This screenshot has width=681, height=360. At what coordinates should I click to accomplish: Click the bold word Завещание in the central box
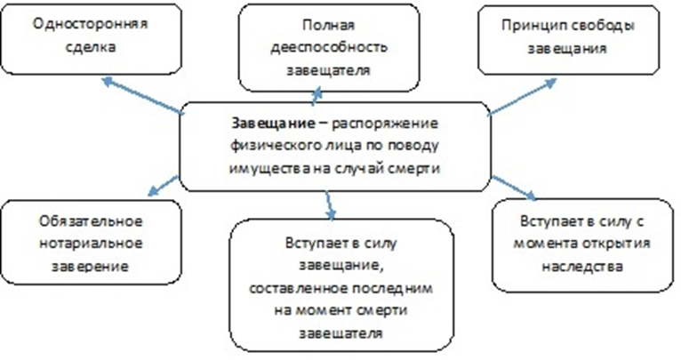click(273, 124)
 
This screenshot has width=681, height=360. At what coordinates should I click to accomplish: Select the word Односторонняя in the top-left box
click(91, 23)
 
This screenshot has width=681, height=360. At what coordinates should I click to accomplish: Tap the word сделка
click(91, 46)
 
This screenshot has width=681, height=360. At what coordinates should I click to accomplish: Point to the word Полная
click(328, 25)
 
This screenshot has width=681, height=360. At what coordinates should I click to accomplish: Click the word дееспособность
click(329, 47)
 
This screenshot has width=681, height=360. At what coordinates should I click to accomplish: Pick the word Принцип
click(531, 26)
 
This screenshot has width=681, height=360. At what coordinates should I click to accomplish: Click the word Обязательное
click(91, 221)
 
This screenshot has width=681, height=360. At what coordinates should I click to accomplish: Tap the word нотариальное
click(91, 244)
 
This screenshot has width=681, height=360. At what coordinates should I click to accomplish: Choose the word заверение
click(91, 266)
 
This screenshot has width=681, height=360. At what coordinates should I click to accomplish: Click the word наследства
click(582, 266)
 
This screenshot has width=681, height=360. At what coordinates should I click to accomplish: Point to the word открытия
click(616, 244)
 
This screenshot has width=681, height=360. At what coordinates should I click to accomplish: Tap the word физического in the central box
click(275, 146)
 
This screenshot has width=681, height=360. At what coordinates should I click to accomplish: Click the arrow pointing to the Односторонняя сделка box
click(142, 96)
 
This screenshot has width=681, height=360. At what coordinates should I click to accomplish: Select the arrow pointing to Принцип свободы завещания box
click(522, 97)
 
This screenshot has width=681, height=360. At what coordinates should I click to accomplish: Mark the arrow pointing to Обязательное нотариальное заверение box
click(163, 186)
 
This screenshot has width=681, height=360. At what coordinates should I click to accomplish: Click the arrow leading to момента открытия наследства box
click(514, 188)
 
